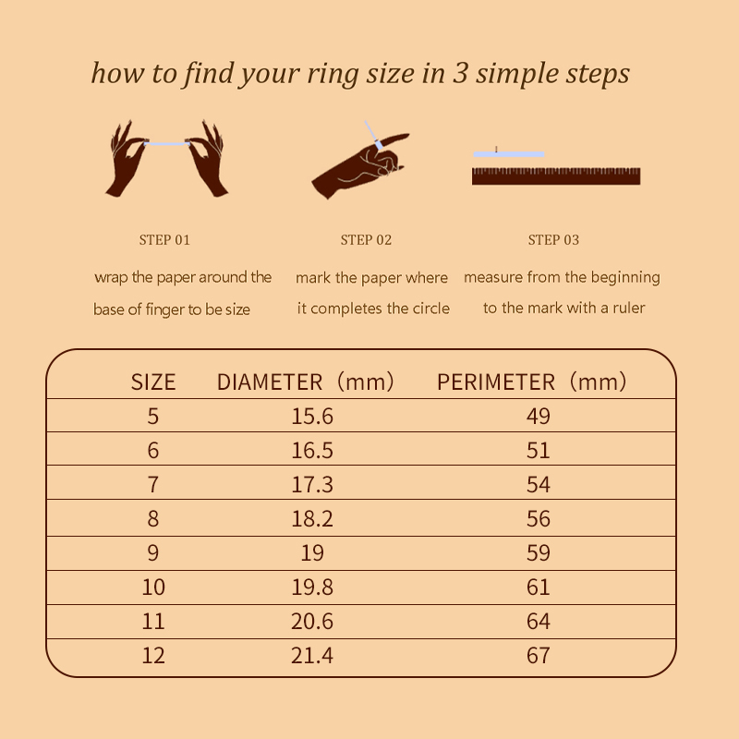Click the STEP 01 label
[x=164, y=240]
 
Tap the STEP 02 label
[x=366, y=240]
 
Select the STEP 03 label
[x=553, y=240]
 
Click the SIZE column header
[x=153, y=382]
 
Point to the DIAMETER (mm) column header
[x=306, y=382]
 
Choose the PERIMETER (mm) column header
[x=532, y=382]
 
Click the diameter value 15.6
[x=312, y=417]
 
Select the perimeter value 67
[x=539, y=656]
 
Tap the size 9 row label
[x=153, y=552]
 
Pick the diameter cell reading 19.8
[x=312, y=588]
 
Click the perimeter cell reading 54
[x=539, y=484]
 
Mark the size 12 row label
[x=153, y=656]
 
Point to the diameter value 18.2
[x=312, y=519]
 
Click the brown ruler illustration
[x=556, y=176]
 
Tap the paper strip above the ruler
[x=509, y=154]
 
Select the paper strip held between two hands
[x=167, y=144]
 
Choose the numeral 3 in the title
[x=460, y=73]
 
